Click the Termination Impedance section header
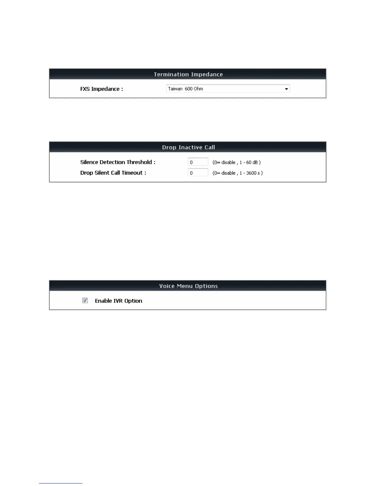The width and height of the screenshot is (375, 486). [188, 74]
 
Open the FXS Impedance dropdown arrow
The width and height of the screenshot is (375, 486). [286, 89]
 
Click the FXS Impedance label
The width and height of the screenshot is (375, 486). [101, 89]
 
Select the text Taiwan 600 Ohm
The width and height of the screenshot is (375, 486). [185, 89]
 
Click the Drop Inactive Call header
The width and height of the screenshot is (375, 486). [188, 147]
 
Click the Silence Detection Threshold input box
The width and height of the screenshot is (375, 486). [198, 162]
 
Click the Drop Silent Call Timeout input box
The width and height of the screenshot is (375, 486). [198, 173]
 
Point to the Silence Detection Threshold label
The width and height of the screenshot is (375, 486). [118, 162]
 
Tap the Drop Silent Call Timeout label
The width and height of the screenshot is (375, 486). [113, 173]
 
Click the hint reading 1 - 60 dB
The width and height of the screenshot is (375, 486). [250, 162]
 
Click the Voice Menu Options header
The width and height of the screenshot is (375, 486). [188, 286]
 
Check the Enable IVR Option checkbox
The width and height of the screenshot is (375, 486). [85, 301]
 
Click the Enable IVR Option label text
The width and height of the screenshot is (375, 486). [118, 301]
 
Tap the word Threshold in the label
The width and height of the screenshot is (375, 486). [139, 162]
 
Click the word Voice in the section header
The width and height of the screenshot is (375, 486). [167, 286]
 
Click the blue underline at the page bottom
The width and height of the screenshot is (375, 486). [60, 483]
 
